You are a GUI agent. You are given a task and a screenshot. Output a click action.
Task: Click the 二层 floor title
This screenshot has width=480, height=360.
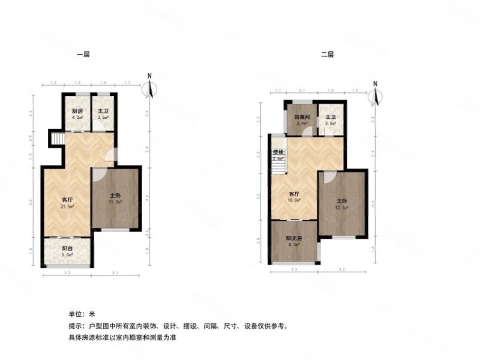coord(327,55)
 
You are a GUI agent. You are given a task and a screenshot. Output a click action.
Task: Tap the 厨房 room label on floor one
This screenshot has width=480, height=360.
coord(77,112)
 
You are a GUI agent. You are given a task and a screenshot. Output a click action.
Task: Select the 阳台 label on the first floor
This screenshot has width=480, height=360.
coord(68,248)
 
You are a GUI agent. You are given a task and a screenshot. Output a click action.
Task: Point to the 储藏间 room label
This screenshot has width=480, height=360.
coord(301,118)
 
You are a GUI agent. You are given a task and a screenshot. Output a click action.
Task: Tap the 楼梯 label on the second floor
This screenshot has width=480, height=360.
coord(277,153)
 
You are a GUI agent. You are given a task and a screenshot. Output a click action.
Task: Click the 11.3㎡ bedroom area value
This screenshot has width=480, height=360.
coord(115,202)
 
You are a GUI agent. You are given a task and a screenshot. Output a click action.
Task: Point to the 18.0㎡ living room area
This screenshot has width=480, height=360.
coord(293,202)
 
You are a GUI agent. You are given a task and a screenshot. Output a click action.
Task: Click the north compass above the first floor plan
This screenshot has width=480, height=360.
coord(151,88)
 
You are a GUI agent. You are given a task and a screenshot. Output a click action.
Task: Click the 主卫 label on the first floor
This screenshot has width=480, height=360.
coord(103,112)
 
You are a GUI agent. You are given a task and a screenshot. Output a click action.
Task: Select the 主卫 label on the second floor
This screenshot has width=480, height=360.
coord(330,118)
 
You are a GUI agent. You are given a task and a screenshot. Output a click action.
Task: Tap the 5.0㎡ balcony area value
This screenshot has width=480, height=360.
coord(68,255)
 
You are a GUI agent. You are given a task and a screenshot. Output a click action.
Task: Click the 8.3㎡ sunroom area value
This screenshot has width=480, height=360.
coord(293,245)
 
